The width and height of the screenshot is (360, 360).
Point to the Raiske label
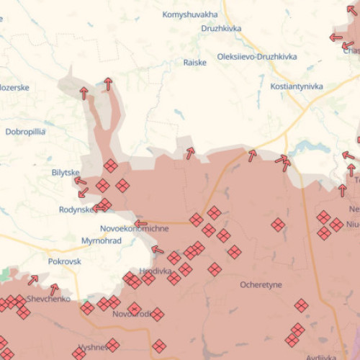[194, 63]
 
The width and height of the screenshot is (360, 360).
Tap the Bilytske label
[66, 173]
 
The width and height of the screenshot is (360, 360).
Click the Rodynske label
[76, 210]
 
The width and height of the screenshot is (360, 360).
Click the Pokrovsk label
[66, 262]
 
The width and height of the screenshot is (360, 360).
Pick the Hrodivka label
[157, 271]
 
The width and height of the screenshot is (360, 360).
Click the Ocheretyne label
[261, 285]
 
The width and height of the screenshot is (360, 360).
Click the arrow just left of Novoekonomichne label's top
[141, 223]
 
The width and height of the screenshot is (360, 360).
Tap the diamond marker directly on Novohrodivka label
[134, 309]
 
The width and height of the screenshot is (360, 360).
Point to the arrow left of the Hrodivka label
[157, 250]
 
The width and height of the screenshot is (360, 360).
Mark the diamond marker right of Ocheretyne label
[302, 306]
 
